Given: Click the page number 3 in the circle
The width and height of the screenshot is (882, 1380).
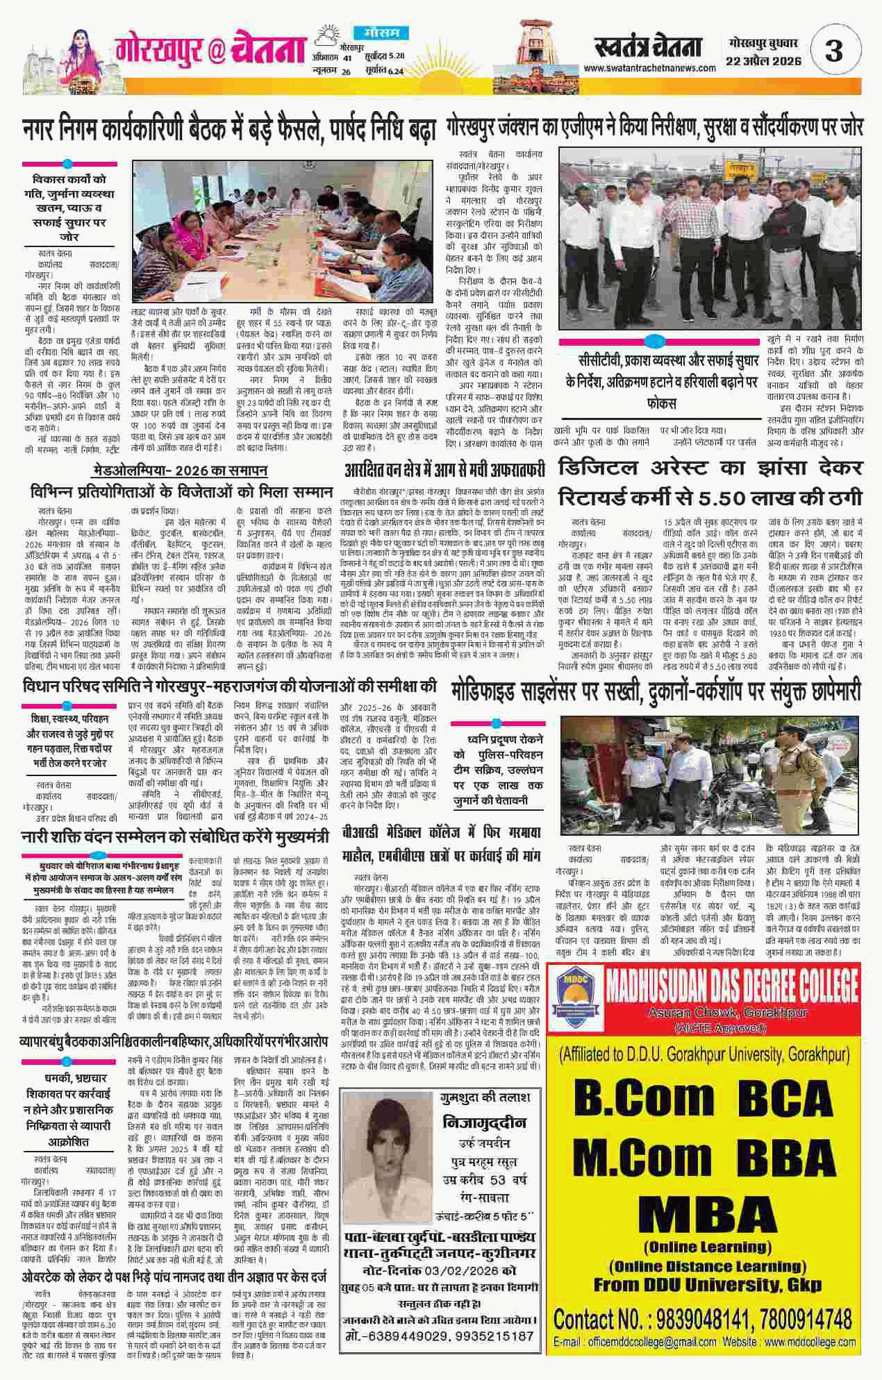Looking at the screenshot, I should [833, 51].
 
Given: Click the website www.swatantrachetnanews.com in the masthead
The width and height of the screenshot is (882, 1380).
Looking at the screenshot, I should [649, 68].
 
